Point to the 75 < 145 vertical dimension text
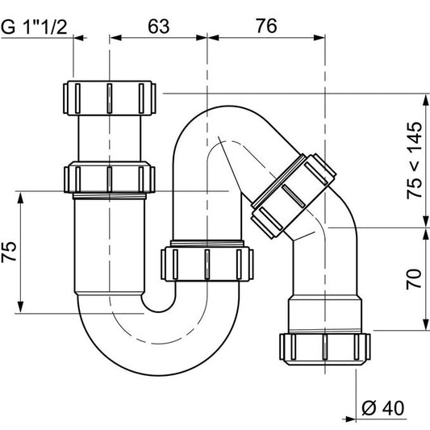(x=414, y=161)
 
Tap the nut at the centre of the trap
(x=208, y=263)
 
